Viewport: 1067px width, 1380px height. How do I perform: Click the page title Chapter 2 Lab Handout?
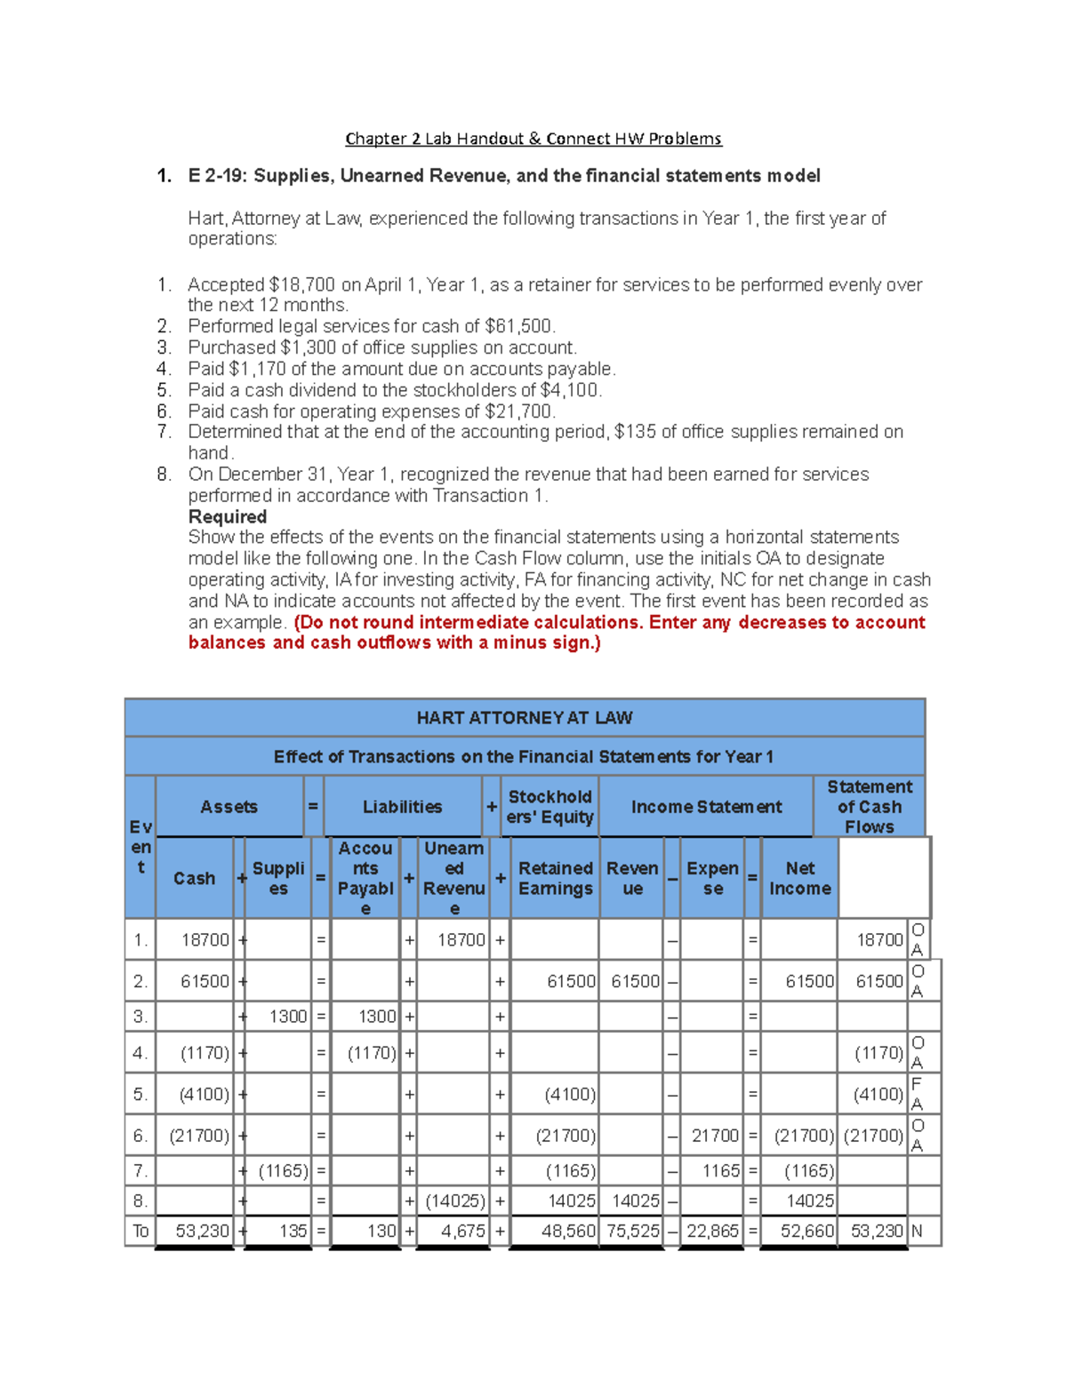[x=533, y=139]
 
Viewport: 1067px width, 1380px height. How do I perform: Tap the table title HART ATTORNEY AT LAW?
[x=524, y=717]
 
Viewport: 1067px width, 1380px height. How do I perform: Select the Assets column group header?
[x=229, y=807]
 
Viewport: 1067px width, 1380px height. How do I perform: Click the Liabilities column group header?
[x=402, y=807]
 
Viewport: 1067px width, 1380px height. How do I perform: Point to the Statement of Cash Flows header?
[x=869, y=807]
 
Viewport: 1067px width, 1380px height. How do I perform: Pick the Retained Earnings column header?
[x=555, y=878]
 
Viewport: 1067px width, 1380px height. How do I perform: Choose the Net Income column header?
[x=799, y=878]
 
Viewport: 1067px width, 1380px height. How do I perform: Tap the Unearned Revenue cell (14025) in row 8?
[x=455, y=1201]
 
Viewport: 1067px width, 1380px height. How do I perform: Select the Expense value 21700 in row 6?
[x=715, y=1136]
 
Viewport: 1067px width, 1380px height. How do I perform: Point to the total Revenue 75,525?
[x=632, y=1232]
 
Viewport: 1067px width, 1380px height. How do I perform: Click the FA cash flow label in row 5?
[x=917, y=1094]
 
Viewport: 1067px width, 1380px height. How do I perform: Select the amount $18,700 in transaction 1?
[x=301, y=285]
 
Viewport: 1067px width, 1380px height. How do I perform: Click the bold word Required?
[x=228, y=517]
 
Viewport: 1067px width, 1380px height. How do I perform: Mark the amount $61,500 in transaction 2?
[x=519, y=326]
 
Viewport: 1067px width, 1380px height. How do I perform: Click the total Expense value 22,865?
[x=711, y=1232]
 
